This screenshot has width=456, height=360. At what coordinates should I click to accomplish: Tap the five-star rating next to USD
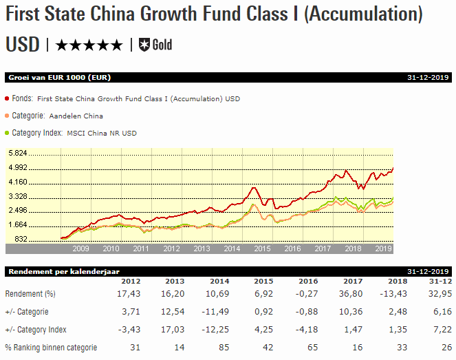click(89, 45)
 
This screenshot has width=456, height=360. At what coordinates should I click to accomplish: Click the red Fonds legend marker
click(8, 99)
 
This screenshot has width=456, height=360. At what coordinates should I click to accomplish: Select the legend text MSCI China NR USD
click(101, 133)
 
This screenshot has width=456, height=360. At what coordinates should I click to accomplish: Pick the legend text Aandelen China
click(75, 116)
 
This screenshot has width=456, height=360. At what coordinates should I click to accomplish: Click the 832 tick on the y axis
click(21, 239)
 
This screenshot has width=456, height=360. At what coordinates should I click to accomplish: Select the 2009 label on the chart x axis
click(82, 248)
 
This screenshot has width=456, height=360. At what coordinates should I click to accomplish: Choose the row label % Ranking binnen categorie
click(51, 348)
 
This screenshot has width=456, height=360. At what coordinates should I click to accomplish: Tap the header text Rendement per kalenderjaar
click(55, 271)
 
